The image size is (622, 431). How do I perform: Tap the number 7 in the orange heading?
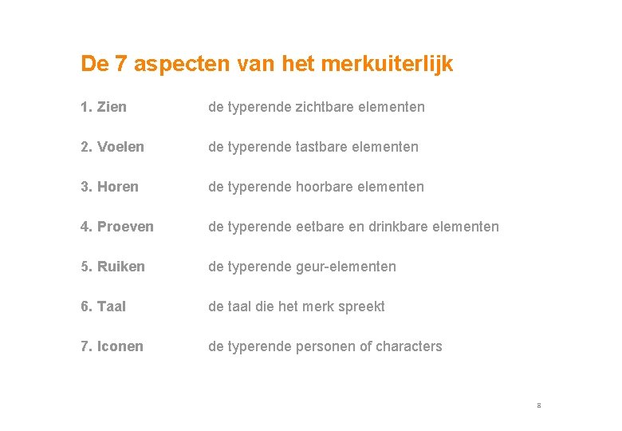pyautogui.click(x=120, y=64)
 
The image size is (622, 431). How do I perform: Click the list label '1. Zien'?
pyautogui.click(x=104, y=107)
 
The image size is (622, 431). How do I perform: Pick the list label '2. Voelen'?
pyautogui.click(x=112, y=147)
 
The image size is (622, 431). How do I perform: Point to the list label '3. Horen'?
pyautogui.click(x=109, y=187)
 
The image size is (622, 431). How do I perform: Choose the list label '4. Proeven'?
pyautogui.click(x=117, y=227)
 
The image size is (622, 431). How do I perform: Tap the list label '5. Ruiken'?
pyautogui.click(x=112, y=267)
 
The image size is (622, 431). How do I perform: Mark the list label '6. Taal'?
pyautogui.click(x=103, y=306)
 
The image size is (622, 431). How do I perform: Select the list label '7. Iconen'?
pyautogui.click(x=112, y=346)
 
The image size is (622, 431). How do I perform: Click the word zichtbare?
pyautogui.click(x=325, y=107)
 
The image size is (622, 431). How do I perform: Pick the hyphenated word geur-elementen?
pyautogui.click(x=345, y=267)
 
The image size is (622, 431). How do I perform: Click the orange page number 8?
pyautogui.click(x=539, y=405)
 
